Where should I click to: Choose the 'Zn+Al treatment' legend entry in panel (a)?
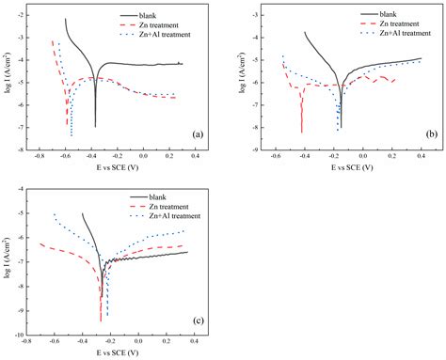[172, 35]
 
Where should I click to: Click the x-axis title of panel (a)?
[115, 167]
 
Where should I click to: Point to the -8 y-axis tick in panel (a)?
[30, 149]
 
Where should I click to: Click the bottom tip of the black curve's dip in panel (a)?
[95, 126]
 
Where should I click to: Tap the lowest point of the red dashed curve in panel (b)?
[302, 133]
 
